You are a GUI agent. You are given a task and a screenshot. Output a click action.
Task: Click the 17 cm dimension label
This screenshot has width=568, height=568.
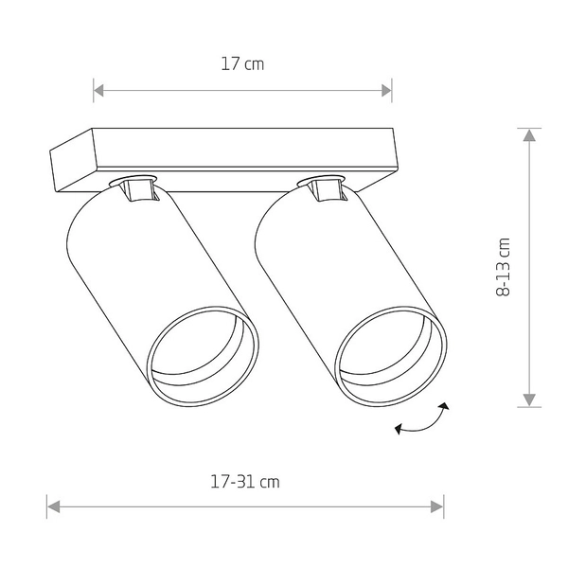(241, 65)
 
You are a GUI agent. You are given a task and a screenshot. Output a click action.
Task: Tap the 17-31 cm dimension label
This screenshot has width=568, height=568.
(244, 481)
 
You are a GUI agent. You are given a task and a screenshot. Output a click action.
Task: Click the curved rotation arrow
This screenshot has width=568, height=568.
(422, 419)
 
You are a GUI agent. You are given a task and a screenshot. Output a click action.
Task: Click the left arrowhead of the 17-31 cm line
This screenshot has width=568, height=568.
(53, 506)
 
